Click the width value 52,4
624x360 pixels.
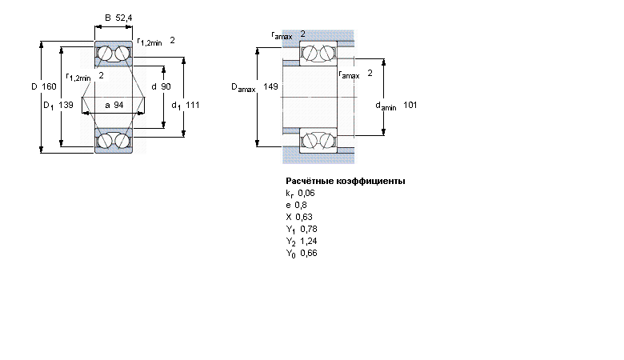124,18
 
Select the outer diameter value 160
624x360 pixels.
49,86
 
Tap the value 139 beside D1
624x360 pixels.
66,105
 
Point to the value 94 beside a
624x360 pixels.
118,105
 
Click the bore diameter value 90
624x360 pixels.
166,86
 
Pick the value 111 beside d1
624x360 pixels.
192,105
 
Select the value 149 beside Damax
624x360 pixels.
270,86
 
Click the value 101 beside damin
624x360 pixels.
410,105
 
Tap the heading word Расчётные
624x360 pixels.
310,181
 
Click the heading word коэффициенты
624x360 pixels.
371,181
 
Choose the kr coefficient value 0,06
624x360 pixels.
306,193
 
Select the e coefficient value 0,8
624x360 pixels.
301,205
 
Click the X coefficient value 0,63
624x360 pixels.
304,217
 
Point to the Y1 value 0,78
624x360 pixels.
309,229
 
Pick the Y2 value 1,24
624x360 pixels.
309,241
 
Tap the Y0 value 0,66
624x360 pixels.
309,253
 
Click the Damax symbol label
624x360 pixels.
243,87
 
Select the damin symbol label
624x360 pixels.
386,106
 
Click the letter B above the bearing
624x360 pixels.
108,18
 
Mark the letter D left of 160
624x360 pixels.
34,86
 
